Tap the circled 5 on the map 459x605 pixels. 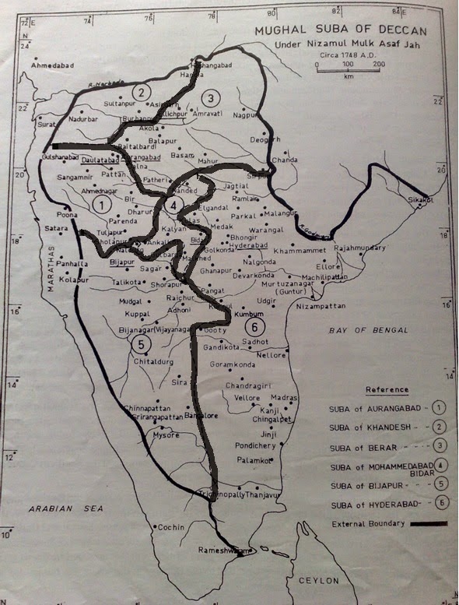pos(141,343)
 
